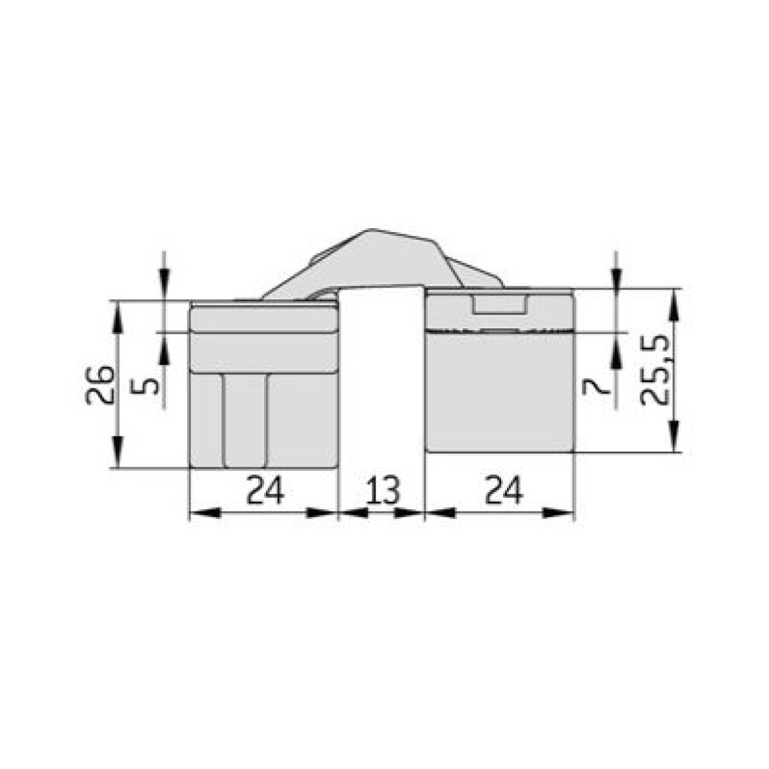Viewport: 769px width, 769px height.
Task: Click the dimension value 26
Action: point(100,384)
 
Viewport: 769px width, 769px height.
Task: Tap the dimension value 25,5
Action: point(654,370)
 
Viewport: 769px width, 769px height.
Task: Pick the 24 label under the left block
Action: point(265,490)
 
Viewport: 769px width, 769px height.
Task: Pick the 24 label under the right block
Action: point(503,490)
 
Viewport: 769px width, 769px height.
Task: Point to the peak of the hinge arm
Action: point(372,229)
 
